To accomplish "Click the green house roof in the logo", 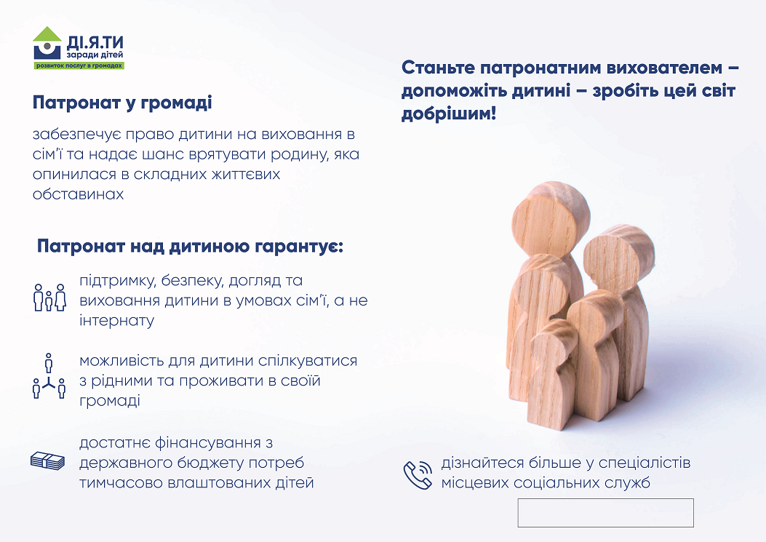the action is (x=47, y=34).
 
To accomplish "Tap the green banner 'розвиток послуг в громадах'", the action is (x=79, y=65).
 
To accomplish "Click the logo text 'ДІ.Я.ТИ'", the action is (x=95, y=43).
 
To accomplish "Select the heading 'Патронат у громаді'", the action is (x=122, y=103).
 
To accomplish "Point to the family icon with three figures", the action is (x=49, y=297).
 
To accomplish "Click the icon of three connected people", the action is (x=48, y=376).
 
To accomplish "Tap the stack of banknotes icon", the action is (x=47, y=461).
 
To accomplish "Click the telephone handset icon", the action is (x=418, y=474).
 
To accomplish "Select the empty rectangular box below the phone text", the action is (x=606, y=513).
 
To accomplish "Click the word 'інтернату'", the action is (x=117, y=321).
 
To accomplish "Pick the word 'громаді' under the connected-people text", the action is (x=109, y=402).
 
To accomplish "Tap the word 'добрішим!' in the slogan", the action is (x=449, y=114).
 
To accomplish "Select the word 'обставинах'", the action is (x=78, y=194).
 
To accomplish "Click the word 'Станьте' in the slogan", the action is (x=438, y=68).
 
